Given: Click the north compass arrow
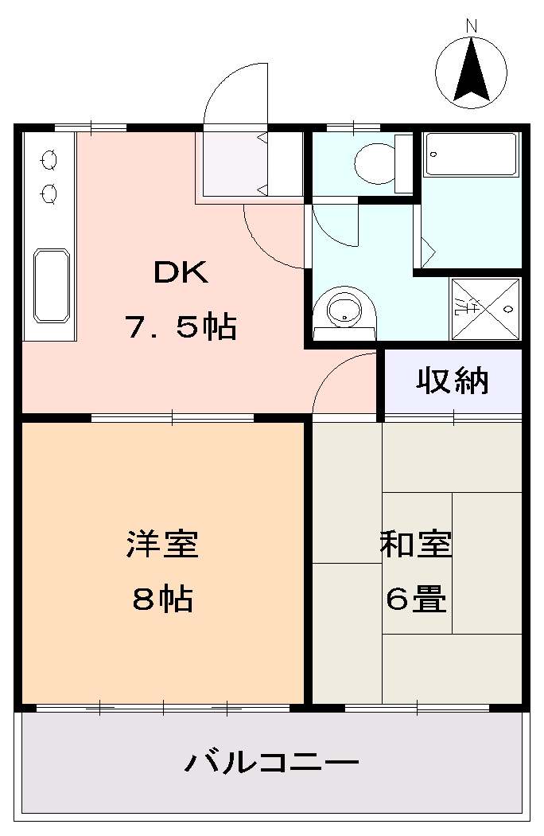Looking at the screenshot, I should [472, 70].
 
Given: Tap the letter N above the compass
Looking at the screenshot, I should [472, 25].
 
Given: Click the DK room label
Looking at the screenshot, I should [181, 273].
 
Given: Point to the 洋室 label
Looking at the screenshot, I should [162, 545].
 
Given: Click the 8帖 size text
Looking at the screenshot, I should [162, 598].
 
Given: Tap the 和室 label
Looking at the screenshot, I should [416, 545].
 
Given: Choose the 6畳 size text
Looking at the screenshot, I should [416, 598].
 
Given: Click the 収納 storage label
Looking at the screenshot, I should [453, 382].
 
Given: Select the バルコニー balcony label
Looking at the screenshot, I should [272, 764].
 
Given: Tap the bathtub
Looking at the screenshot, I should [472, 154].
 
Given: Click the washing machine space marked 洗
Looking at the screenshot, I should [486, 307].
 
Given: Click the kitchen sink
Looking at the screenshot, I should [51, 286].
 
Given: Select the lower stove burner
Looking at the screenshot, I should [49, 193].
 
